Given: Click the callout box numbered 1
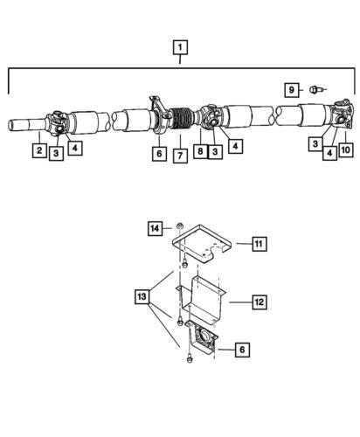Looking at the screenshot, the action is click(180, 47).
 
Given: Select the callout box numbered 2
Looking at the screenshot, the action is click(39, 150).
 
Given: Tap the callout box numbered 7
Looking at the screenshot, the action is click(180, 156).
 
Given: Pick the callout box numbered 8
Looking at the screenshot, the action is click(200, 151).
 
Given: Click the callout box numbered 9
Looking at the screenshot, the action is click(292, 90).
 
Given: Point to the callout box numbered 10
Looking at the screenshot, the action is click(346, 149).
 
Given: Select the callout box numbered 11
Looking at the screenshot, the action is click(259, 243).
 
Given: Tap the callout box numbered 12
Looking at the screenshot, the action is click(260, 302).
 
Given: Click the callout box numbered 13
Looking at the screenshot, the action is click(142, 296).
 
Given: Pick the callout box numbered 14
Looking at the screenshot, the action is click(155, 228).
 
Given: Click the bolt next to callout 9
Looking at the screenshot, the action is click(315, 89).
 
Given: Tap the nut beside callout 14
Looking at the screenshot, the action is click(180, 226).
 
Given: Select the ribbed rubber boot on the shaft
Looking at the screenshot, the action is click(181, 118).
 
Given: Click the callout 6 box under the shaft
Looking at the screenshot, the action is click(159, 153).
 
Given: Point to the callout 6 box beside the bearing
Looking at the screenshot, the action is click(242, 349).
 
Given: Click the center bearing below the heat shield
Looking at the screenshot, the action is click(203, 337).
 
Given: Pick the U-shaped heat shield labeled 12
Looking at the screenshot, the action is click(201, 300).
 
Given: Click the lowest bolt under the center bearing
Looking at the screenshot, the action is click(190, 359).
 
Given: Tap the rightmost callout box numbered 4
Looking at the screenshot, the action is click(329, 153).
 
